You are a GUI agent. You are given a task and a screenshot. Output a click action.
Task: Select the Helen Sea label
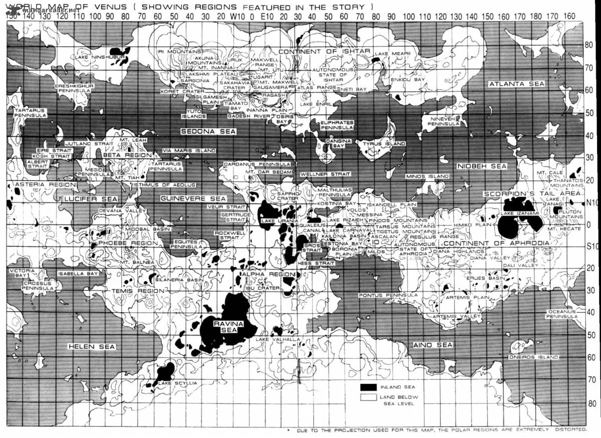(x=92, y=346)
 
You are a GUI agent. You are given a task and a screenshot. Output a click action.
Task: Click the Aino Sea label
(x=433, y=345)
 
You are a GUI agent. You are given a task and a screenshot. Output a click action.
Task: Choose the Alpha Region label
(x=268, y=275)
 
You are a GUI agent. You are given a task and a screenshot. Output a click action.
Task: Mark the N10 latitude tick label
(x=591, y=203)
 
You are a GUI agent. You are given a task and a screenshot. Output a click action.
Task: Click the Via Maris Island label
(x=189, y=150)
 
